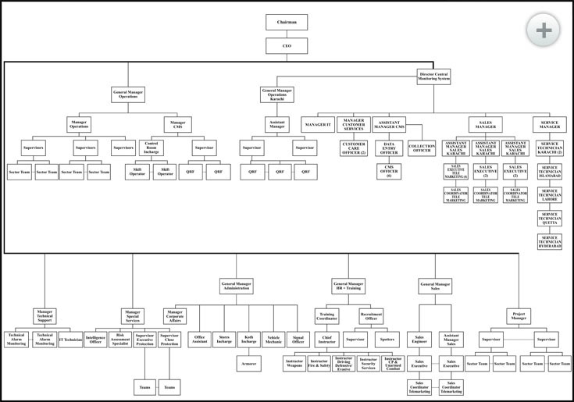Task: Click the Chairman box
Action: pyautogui.click(x=286, y=23)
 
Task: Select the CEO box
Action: pyautogui.click(x=286, y=47)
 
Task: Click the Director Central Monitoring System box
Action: pyautogui.click(x=434, y=76)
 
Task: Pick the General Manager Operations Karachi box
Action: pyautogui.click(x=277, y=95)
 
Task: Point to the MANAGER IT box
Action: pyautogui.click(x=318, y=124)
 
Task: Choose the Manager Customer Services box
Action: pyautogui.click(x=353, y=124)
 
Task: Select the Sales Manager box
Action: pyautogui.click(x=485, y=124)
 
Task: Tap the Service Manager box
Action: pyautogui.click(x=549, y=124)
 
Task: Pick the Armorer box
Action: pyautogui.click(x=250, y=363)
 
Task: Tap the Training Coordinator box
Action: pyautogui.click(x=326, y=316)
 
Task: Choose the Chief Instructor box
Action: pyautogui.click(x=326, y=340)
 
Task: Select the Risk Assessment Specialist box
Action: pyautogui.click(x=119, y=340)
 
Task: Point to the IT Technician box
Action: pyautogui.click(x=70, y=340)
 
